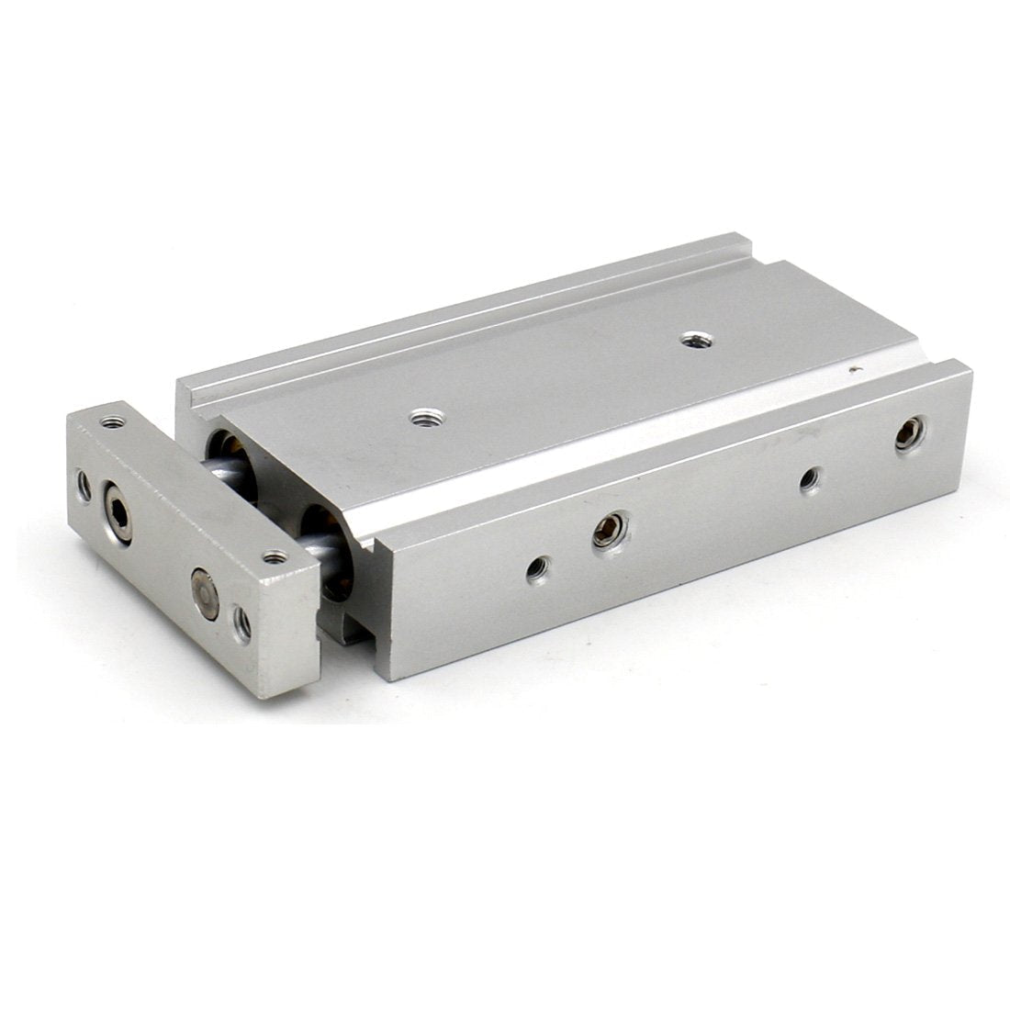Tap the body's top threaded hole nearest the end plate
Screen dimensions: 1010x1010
coord(423,419)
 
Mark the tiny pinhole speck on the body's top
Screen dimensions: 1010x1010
coord(856,371)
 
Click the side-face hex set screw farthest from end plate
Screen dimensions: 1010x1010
coord(911,429)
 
